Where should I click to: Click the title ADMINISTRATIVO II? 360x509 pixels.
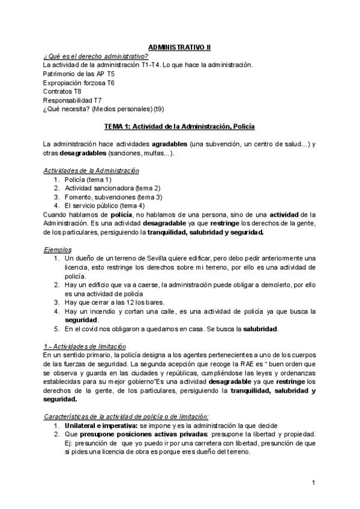(x=179, y=47)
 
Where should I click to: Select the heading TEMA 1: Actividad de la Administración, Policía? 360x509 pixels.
(x=179, y=127)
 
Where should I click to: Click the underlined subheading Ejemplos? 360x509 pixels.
(x=58, y=249)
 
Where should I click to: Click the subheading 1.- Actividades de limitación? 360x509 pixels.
(x=85, y=346)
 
